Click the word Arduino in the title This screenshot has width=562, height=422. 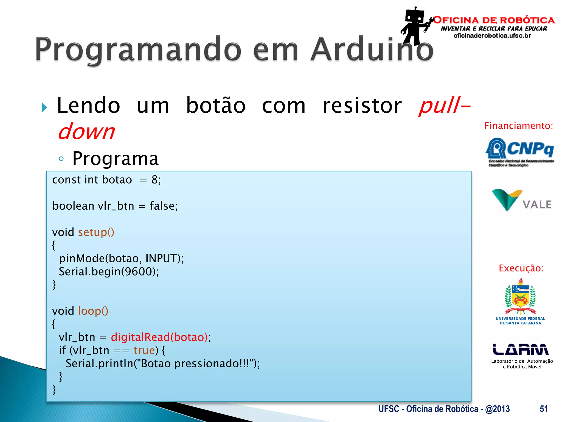pos(372,49)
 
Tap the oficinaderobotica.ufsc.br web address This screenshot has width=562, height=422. pos(492,36)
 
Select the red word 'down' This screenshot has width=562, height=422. pos(86,131)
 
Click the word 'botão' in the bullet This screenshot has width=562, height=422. pos(216,106)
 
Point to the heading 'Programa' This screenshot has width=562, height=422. pos(116,159)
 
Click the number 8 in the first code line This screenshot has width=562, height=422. pos(154,180)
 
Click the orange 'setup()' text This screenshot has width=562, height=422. pos(96,232)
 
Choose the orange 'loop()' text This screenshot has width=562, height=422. pos(93,311)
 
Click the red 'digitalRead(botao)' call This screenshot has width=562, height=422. pos(159,337)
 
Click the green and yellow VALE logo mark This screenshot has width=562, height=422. pos(506,199)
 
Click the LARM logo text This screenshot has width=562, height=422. pos(520,349)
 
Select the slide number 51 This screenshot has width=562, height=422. pos(543,409)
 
